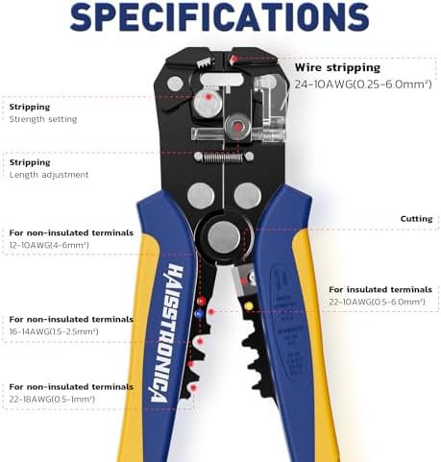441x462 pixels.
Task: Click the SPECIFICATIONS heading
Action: click(220, 16)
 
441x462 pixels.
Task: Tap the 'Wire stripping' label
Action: click(337, 68)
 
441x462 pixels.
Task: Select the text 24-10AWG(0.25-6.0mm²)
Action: click(363, 85)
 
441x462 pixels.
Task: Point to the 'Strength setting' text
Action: click(43, 119)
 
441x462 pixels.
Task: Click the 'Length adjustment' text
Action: click(49, 175)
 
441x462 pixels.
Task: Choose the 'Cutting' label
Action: click(416, 219)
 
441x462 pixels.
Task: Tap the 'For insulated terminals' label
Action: click(380, 289)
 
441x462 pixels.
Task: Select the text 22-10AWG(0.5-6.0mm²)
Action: click(377, 302)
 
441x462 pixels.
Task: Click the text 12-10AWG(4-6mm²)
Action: click(49, 245)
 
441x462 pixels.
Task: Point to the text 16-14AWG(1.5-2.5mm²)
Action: click(54, 331)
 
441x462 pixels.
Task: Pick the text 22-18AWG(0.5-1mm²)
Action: click(52, 399)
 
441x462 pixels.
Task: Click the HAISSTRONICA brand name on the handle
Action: click(168, 333)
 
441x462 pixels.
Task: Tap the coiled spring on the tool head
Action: click(224, 157)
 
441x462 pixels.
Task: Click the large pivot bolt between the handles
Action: click(224, 237)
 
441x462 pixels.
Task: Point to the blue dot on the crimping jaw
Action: click(199, 314)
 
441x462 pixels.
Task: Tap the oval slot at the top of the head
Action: click(221, 79)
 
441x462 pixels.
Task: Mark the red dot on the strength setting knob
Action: click(208, 96)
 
